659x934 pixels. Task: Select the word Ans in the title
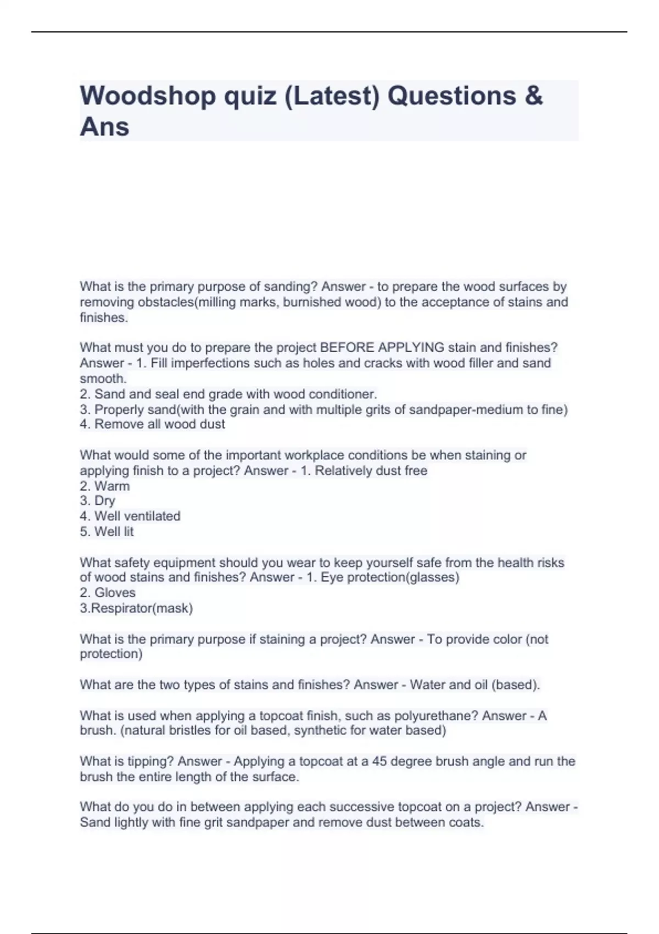pos(104,127)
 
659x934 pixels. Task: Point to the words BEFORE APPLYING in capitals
pos(382,348)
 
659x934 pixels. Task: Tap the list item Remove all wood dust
pos(152,424)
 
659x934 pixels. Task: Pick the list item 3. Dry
pos(97,501)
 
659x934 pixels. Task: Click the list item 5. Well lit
pos(107,532)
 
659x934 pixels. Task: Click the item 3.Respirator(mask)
pos(136,608)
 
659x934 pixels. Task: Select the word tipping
pos(150,761)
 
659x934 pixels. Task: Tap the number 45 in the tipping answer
pos(379,761)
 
